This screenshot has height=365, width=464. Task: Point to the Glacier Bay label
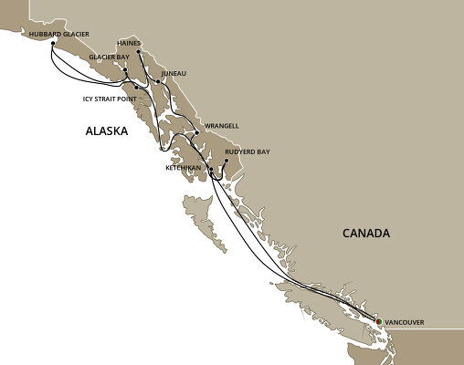(109, 57)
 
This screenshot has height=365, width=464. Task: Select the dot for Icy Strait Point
(135, 87)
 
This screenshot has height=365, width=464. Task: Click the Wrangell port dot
(195, 133)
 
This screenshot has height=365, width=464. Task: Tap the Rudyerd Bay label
(247, 150)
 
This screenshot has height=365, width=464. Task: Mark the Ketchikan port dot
(210, 170)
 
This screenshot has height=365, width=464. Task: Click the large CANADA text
(365, 234)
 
